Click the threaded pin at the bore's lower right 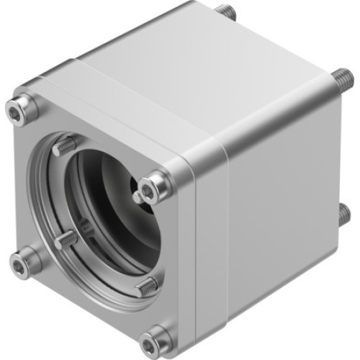(x=146, y=285)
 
